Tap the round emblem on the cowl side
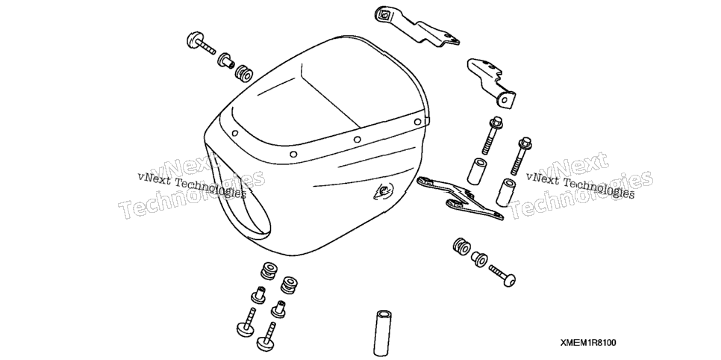coord(384,190)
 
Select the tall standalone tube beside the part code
coord(382,332)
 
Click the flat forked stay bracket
coord(460,198)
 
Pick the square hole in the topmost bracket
coord(384,15)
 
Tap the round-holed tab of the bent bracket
coord(506,99)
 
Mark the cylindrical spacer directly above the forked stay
coord(476,171)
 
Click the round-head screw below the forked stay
coord(502,275)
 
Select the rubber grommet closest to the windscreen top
coord(243,73)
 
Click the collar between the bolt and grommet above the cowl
coord(226,60)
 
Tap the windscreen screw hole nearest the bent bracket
coord(417,122)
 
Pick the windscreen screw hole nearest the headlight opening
coord(235,134)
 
